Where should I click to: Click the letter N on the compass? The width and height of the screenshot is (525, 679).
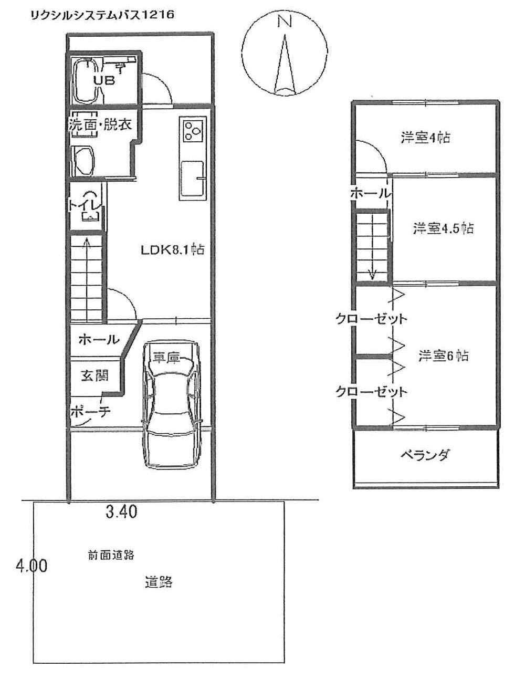pos(284,21)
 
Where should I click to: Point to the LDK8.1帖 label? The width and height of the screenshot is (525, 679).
pos(172,250)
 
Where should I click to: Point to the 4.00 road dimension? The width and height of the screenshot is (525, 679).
pos(31,567)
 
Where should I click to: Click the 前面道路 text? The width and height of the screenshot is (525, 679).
pos(112,555)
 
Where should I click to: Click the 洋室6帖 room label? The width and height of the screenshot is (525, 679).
pos(444,356)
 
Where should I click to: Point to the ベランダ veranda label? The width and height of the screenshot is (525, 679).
pos(425,455)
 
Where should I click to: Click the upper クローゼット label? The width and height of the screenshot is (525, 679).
pos(372,319)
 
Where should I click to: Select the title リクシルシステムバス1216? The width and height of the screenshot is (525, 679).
pos(102,15)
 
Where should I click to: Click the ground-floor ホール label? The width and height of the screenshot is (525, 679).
pos(99,340)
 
